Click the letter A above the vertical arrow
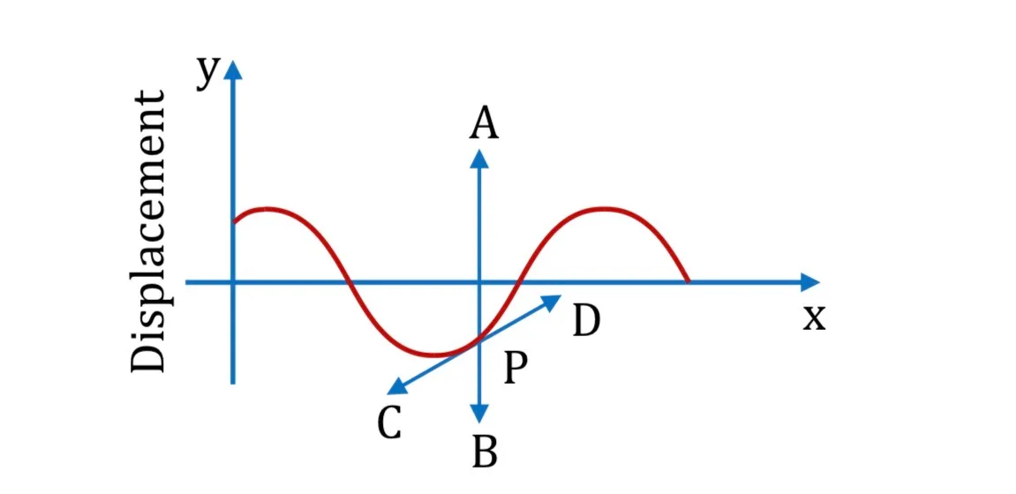[x=484, y=123]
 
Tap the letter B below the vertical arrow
[x=484, y=452]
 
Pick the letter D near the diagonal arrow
[x=586, y=320]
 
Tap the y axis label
[x=207, y=73]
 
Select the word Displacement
[x=148, y=231]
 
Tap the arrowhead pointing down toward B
[x=479, y=413]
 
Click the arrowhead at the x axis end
[x=810, y=282]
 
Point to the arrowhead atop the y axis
[x=233, y=70]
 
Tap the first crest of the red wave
[x=267, y=208]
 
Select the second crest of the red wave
[x=604, y=208]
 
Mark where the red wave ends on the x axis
[x=688, y=281]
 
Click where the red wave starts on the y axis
[x=234, y=222]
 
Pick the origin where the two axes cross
[x=233, y=282]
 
